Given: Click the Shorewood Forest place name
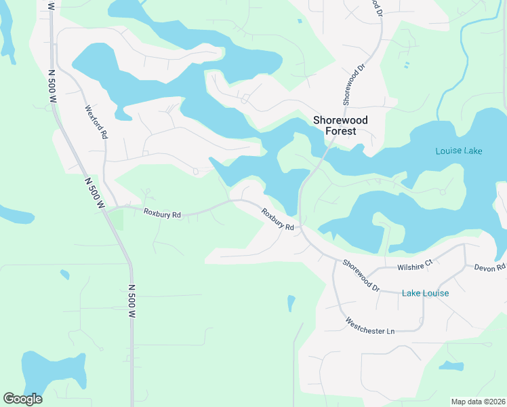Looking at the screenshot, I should click(x=340, y=125).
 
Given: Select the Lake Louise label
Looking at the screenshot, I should click(x=425, y=293).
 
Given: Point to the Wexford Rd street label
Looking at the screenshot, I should click(x=96, y=122).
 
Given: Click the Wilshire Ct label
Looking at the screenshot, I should click(x=415, y=263).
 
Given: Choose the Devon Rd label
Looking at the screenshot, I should click(x=489, y=268).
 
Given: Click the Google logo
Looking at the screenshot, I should click(x=22, y=399).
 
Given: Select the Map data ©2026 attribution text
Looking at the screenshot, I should click(x=477, y=401).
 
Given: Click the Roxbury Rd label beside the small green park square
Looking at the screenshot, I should click(x=162, y=214).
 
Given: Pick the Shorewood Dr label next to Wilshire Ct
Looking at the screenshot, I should click(x=361, y=276).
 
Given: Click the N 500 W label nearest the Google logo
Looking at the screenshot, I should click(x=132, y=301).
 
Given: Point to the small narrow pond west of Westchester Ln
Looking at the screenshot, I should click(x=291, y=303).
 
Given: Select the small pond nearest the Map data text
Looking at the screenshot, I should click(x=451, y=366).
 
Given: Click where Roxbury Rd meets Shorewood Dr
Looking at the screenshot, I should click(x=302, y=231).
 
